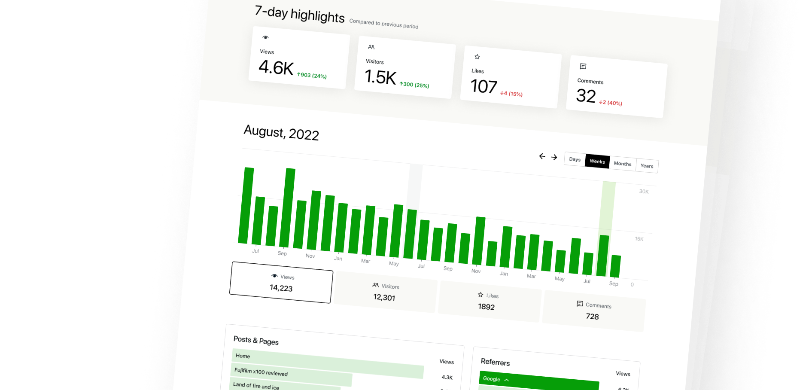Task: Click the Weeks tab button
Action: click(597, 161)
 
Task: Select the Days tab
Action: click(575, 159)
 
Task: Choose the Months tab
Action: click(622, 164)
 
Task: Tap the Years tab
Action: click(647, 166)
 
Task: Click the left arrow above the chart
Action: click(542, 156)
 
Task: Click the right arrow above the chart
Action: click(554, 157)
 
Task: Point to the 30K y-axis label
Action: click(644, 192)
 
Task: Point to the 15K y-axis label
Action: click(639, 239)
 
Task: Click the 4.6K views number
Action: click(276, 68)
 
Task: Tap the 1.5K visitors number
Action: click(380, 77)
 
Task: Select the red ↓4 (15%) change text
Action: click(511, 94)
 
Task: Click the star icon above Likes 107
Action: click(477, 57)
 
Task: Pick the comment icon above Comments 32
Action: click(583, 66)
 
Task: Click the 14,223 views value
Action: click(281, 288)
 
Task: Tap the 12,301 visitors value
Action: click(384, 297)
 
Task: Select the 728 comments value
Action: click(592, 317)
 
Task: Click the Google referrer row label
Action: click(491, 379)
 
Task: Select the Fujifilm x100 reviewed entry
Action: click(261, 372)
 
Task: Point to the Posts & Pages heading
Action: click(256, 341)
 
